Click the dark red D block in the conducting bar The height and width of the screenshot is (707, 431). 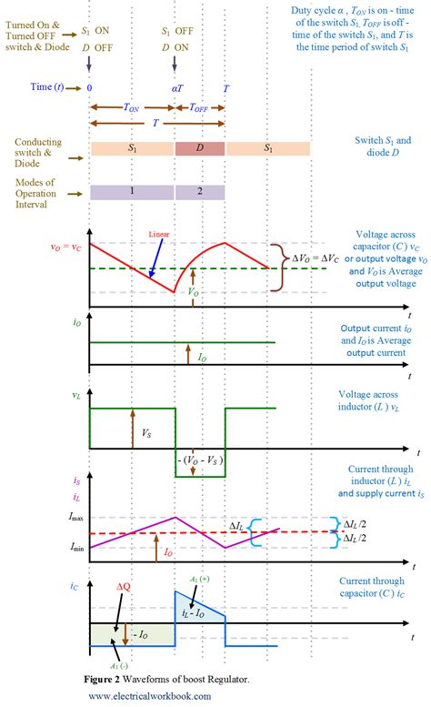[x=200, y=146]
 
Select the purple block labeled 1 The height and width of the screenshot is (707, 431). [x=132, y=191]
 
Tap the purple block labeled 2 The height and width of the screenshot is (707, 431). [x=200, y=191]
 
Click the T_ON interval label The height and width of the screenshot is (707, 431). [x=132, y=106]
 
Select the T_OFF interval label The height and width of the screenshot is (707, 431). [x=201, y=106]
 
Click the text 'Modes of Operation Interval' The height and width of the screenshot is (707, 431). [x=42, y=191]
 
